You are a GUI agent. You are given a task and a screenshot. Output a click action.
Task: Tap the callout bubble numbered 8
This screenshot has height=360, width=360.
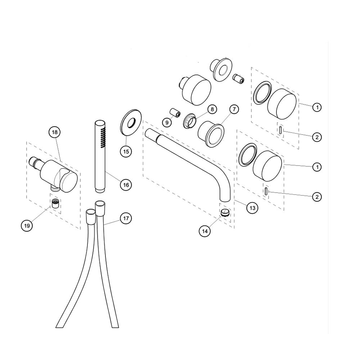point(211,108)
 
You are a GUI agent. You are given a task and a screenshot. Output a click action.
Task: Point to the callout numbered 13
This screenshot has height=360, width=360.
point(252,208)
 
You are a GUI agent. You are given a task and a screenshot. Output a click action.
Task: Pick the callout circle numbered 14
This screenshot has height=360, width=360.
point(204,231)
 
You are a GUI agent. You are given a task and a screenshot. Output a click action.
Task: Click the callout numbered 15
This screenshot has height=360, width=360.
point(126,151)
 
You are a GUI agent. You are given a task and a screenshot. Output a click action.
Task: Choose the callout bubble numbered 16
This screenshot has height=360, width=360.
point(126,185)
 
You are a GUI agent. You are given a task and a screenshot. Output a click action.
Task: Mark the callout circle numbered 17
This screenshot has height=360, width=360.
point(126,218)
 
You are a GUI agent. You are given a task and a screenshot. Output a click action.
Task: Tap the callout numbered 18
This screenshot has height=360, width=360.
point(54,132)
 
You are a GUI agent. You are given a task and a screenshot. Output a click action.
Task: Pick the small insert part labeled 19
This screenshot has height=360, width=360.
point(55,203)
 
